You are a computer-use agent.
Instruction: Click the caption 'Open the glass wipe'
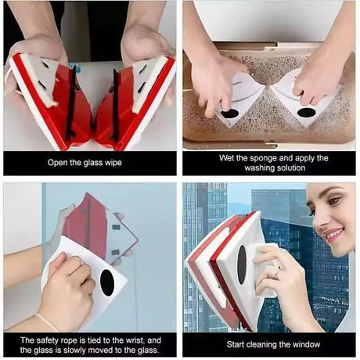tap(88, 163)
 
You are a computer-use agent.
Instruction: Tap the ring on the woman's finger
tap(276, 273)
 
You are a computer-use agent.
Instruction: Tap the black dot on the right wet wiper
tap(307, 112)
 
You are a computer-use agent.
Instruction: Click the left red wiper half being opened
tap(47, 102)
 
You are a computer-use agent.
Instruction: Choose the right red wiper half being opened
tap(133, 102)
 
